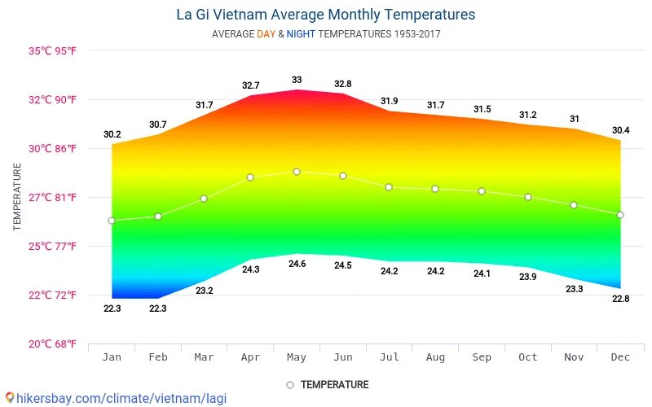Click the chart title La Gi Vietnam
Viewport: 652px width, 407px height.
pos(325,15)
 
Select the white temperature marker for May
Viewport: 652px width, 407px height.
pos(297,172)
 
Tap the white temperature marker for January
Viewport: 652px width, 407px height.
pos(112,221)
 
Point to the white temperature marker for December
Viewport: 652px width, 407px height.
pos(620,215)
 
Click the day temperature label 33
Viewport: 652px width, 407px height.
pos(297,80)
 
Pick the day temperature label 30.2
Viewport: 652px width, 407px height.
pos(112,134)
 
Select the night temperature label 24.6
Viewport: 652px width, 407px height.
pos(297,264)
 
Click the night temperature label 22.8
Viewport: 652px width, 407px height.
pos(620,299)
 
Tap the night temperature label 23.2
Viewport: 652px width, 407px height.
pos(204,291)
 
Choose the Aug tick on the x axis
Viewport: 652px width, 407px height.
pos(435,357)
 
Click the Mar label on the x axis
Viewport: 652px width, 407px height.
pos(204,357)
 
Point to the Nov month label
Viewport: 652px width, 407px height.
pos(574,357)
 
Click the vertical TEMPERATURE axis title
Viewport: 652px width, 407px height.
pos(17,197)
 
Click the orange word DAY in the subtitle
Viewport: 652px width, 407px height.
pos(266,34)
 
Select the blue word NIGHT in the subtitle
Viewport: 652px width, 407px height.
pos(301,34)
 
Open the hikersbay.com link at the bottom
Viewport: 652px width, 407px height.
pos(114,399)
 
